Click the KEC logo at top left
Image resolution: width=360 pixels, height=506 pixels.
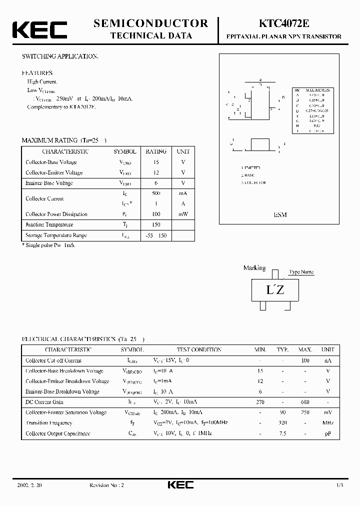[x=39, y=30]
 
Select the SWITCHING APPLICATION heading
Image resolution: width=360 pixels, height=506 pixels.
[x=60, y=56]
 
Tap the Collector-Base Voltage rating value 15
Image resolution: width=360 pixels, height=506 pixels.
[x=156, y=162]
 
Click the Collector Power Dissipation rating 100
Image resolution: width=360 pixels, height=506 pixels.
[x=156, y=214]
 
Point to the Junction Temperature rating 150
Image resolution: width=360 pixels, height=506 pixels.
[x=156, y=224]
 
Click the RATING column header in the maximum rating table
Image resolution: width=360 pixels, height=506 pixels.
[x=156, y=151]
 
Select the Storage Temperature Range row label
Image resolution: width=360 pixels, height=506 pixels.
[x=56, y=235]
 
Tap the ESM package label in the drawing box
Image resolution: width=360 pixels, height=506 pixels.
[x=280, y=214]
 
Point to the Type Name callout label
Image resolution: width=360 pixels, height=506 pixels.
[x=301, y=272]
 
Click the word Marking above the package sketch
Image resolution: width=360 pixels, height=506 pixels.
[x=254, y=268]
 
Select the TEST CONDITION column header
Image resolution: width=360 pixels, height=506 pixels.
[x=199, y=350]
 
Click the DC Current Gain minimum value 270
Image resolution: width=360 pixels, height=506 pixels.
[x=260, y=402]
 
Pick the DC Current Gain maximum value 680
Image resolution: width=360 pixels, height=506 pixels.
[x=305, y=402]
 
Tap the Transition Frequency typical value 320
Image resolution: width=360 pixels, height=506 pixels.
[x=282, y=423]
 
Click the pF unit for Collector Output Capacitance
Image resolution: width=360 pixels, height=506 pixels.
[x=328, y=433]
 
